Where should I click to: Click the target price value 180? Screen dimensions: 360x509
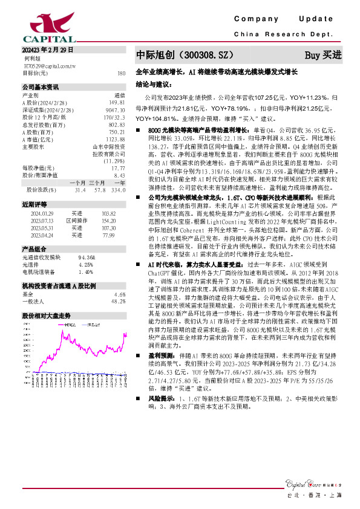[x=121, y=73]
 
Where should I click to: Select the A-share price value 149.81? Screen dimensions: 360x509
[x=117, y=102]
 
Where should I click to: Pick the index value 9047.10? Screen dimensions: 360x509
[x=115, y=109]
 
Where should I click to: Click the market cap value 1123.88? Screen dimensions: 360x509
[x=115, y=139]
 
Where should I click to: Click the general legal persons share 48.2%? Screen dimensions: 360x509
[x=118, y=301]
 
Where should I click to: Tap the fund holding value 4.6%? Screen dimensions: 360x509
[x=119, y=294]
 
